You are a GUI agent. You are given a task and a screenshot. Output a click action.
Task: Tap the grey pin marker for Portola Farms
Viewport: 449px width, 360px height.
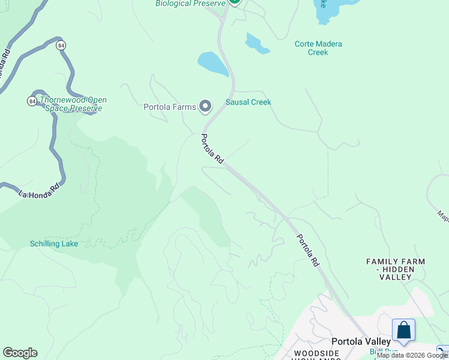(x=205, y=107)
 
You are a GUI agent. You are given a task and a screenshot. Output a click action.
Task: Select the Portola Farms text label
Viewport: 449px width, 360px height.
(x=170, y=107)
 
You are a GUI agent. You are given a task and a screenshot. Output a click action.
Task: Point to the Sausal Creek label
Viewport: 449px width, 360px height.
(x=249, y=102)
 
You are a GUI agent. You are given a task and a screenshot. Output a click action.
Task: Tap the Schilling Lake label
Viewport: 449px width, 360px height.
(x=54, y=244)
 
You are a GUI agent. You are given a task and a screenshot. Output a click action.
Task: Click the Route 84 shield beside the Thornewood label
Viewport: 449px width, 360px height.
(x=32, y=101)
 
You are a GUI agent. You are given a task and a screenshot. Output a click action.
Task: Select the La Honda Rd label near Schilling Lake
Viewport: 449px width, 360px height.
(x=40, y=190)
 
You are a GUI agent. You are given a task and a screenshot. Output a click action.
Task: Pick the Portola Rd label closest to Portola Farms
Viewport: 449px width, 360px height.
(x=212, y=149)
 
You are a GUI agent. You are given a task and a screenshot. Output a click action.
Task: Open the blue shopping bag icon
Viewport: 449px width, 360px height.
(x=403, y=330)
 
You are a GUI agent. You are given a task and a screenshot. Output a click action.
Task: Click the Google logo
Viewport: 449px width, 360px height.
(x=20, y=353)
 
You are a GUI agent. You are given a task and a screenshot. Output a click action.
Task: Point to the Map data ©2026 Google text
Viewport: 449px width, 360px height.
(x=412, y=355)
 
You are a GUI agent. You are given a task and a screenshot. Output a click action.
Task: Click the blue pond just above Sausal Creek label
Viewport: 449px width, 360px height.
(x=212, y=64)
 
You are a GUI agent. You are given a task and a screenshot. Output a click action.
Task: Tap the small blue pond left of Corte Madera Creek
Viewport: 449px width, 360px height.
(x=257, y=43)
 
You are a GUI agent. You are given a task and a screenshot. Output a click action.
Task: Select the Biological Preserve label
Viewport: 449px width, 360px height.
(x=190, y=4)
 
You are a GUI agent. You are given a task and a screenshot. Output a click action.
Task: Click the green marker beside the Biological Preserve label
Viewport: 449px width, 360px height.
(x=234, y=2)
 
